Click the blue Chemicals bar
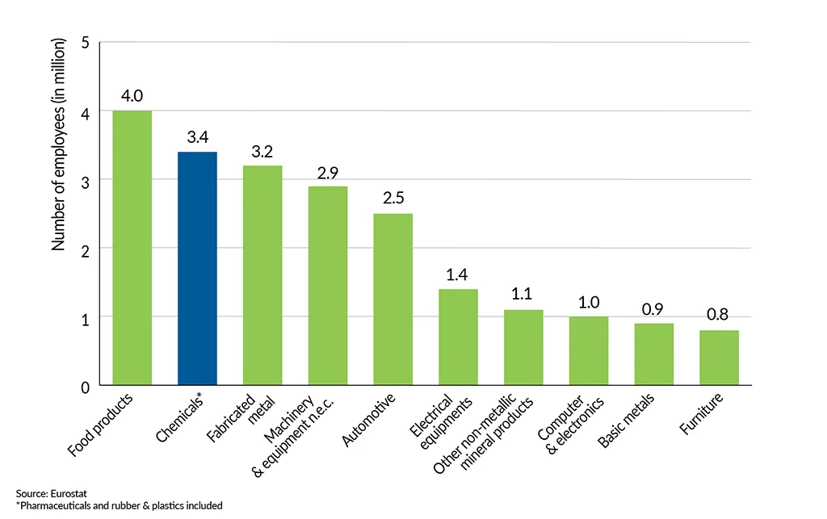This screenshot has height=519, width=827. click(197, 268)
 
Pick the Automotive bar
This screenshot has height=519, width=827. click(393, 299)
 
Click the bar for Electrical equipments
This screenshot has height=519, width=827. click(458, 337)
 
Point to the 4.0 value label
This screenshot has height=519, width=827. click(132, 96)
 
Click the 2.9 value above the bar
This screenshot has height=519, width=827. click(327, 172)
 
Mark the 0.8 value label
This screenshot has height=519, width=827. click(719, 316)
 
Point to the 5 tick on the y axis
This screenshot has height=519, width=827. click(85, 43)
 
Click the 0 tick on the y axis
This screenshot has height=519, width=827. click(85, 386)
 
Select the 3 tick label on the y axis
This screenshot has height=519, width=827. click(85, 180)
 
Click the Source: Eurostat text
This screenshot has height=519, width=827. click(44, 492)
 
